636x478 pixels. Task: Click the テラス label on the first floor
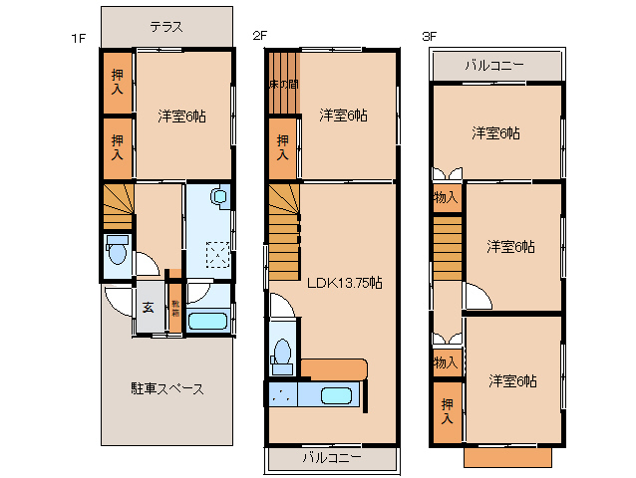pos(165,27)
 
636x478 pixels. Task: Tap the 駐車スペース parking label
pos(167,388)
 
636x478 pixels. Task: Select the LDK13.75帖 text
pos(344,282)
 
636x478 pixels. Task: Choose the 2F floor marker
pos(259,37)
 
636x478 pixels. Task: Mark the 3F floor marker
pos(430,37)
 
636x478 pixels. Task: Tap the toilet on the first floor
pos(117,255)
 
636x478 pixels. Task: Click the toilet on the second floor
pos(282,353)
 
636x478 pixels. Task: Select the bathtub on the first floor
pos(209,321)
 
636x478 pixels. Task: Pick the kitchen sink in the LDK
pos(336,395)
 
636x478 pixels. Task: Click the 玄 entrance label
pos(148,307)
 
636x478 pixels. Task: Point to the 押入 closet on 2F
pos(283,148)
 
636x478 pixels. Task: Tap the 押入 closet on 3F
pos(448,412)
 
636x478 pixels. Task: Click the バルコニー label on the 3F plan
pos(493,66)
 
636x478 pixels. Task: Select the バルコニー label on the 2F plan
pos(332,458)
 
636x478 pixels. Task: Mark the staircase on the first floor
pos(118,205)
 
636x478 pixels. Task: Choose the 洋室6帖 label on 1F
pos(182,116)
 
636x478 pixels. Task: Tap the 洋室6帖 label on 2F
pos(343,116)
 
